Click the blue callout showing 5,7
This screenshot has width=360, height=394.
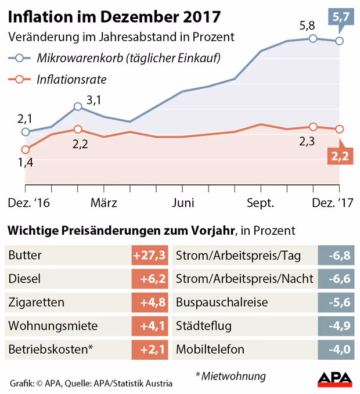(341, 18)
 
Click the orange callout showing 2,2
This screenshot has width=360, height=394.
(340, 155)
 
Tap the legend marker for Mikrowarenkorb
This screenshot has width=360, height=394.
(20, 58)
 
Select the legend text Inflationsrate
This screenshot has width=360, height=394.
(71, 80)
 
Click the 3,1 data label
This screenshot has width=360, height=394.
(93, 100)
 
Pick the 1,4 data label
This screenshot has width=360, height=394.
(26, 163)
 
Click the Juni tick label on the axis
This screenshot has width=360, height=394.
(183, 203)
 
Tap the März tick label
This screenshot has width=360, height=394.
(105, 203)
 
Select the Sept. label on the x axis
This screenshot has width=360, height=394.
(261, 203)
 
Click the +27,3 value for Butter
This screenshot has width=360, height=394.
(150, 255)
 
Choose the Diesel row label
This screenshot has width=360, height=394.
(25, 279)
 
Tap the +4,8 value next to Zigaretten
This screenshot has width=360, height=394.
(150, 302)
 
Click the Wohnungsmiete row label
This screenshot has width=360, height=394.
(45, 326)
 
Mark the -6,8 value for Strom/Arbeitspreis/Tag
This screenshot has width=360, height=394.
(336, 255)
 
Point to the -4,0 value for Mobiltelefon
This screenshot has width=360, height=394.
(336, 350)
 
